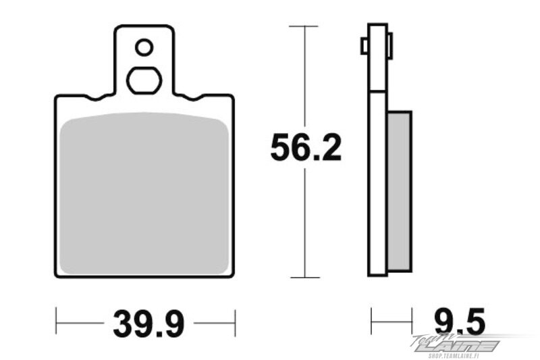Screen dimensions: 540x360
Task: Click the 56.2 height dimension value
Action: [306, 148]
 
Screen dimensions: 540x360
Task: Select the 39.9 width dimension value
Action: [148, 324]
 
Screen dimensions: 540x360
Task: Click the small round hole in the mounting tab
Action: [144, 47]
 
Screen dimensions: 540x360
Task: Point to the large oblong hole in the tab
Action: [144, 80]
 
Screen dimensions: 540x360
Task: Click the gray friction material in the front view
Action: [144, 194]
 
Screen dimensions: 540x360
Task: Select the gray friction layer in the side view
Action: [400, 191]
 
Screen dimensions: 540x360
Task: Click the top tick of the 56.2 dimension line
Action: [303, 26]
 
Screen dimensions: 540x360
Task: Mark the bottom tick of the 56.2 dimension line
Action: [305, 278]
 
